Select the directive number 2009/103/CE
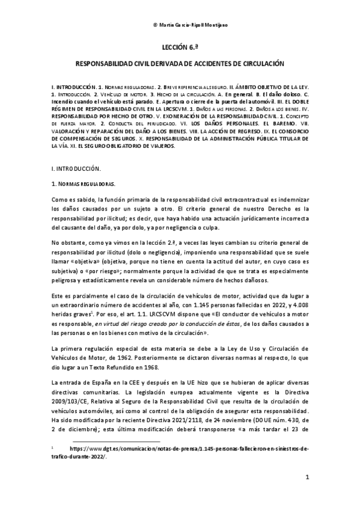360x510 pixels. point(73,401)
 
